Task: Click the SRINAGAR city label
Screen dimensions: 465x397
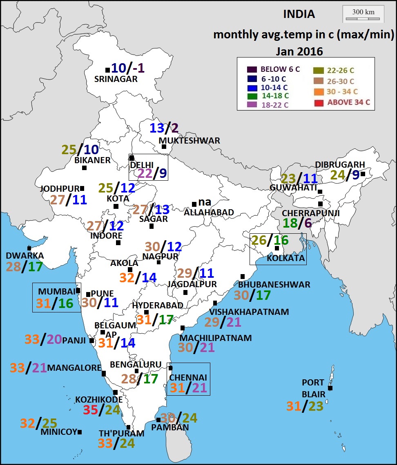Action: click(116, 80)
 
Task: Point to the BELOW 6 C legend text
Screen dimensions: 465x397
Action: click(280, 69)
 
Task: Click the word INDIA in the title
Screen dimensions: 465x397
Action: click(299, 14)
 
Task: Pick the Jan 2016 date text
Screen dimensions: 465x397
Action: click(299, 52)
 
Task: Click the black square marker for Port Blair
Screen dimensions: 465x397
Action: click(330, 388)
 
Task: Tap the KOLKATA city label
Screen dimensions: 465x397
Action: click(285, 258)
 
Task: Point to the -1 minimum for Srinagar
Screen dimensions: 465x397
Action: click(138, 68)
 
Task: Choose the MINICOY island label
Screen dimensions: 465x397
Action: click(59, 432)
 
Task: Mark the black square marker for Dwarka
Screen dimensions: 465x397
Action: click(29, 248)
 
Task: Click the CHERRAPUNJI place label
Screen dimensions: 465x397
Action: click(311, 213)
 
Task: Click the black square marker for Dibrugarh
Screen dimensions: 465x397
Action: click(363, 174)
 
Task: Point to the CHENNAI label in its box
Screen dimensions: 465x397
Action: click(188, 377)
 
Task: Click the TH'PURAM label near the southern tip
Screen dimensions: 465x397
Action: click(122, 434)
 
